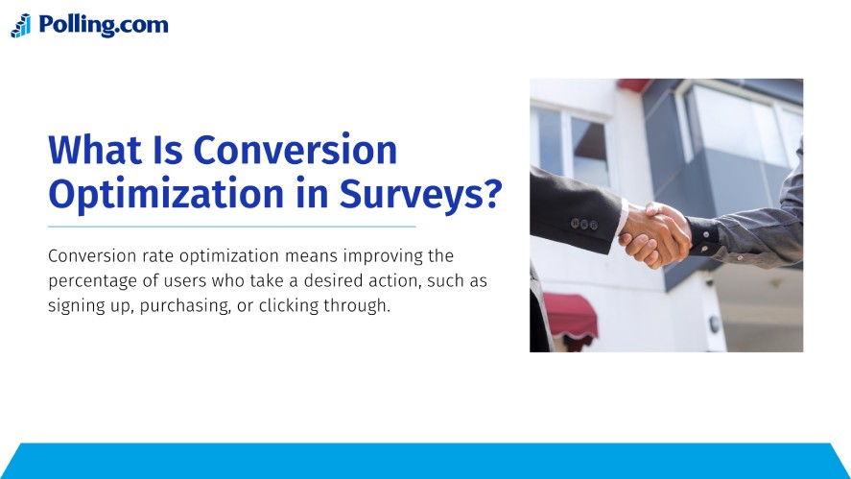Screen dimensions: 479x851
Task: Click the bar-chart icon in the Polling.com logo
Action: pyautogui.click(x=21, y=26)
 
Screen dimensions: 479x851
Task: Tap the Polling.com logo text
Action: pyautogui.click(x=104, y=25)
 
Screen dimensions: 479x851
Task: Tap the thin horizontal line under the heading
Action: pyautogui.click(x=231, y=227)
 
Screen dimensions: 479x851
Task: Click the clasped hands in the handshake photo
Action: pyautogui.click(x=657, y=233)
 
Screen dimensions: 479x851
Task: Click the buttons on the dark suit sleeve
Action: pyautogui.click(x=583, y=223)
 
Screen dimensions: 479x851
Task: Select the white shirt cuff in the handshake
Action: pyautogui.click(x=624, y=224)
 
